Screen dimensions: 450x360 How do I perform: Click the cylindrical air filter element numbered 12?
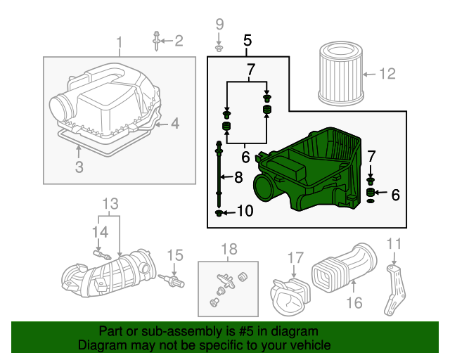pyautogui.click(x=341, y=73)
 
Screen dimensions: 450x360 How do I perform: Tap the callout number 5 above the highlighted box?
pyautogui.click(x=247, y=41)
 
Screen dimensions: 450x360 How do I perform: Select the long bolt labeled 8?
pyautogui.click(x=219, y=174)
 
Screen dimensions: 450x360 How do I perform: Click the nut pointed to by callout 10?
pyautogui.click(x=219, y=213)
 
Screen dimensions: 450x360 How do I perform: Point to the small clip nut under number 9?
pyautogui.click(x=219, y=48)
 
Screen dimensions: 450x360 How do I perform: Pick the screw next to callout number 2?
pyautogui.click(x=156, y=41)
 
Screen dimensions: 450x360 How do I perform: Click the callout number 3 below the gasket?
pyautogui.click(x=79, y=167)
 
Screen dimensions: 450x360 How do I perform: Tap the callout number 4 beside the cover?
pyautogui.click(x=175, y=124)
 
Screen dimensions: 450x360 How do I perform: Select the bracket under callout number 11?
pyautogui.click(x=395, y=290)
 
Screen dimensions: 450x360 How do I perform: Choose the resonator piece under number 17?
pyautogui.click(x=290, y=297)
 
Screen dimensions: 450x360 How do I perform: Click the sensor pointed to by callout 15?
pyautogui.click(x=172, y=281)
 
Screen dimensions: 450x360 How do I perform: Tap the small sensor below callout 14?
pyautogui.click(x=102, y=255)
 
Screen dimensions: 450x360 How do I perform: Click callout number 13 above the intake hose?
pyautogui.click(x=110, y=204)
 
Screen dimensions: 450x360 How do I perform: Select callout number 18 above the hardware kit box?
pyautogui.click(x=229, y=249)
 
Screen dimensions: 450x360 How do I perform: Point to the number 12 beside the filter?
pyautogui.click(x=387, y=74)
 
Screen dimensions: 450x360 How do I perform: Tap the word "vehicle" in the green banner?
pyautogui.click(x=310, y=345)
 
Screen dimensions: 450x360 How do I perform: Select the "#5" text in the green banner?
pyautogui.click(x=246, y=331)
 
